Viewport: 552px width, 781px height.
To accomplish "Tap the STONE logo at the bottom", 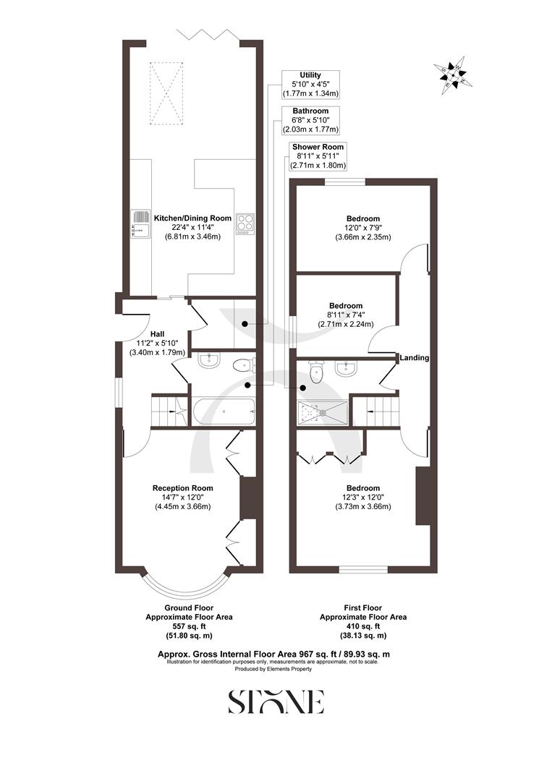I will [x=276, y=701].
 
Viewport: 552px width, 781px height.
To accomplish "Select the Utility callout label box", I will [x=310, y=84].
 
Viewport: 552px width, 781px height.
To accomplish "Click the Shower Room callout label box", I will [x=317, y=155].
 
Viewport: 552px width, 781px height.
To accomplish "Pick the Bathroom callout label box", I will [x=310, y=120].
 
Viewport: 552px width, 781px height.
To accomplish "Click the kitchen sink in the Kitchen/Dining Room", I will [x=140, y=223].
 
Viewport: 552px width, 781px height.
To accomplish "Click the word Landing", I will [x=415, y=357].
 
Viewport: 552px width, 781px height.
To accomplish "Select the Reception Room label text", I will [x=182, y=488].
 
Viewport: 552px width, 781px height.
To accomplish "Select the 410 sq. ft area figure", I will [x=363, y=626].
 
